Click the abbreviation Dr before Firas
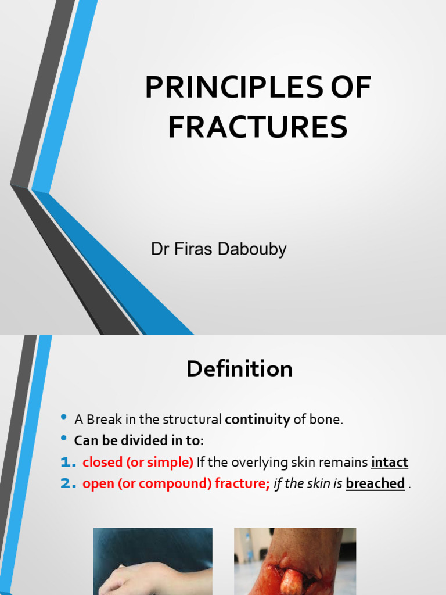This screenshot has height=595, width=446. [x=159, y=250]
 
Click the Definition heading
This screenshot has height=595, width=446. [x=239, y=369]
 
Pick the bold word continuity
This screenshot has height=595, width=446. [x=257, y=419]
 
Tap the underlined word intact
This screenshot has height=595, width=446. [x=389, y=463]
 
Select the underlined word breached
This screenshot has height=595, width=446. [x=375, y=483]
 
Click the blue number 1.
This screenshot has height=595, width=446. [x=68, y=463]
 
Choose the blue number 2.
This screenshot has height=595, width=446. [x=68, y=483]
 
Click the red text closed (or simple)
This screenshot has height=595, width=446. [x=138, y=463]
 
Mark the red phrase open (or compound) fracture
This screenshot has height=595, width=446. [x=176, y=483]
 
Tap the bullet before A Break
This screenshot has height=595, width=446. [x=64, y=418]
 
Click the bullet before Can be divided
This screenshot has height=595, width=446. [x=64, y=439]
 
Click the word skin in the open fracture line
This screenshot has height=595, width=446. [x=319, y=483]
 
